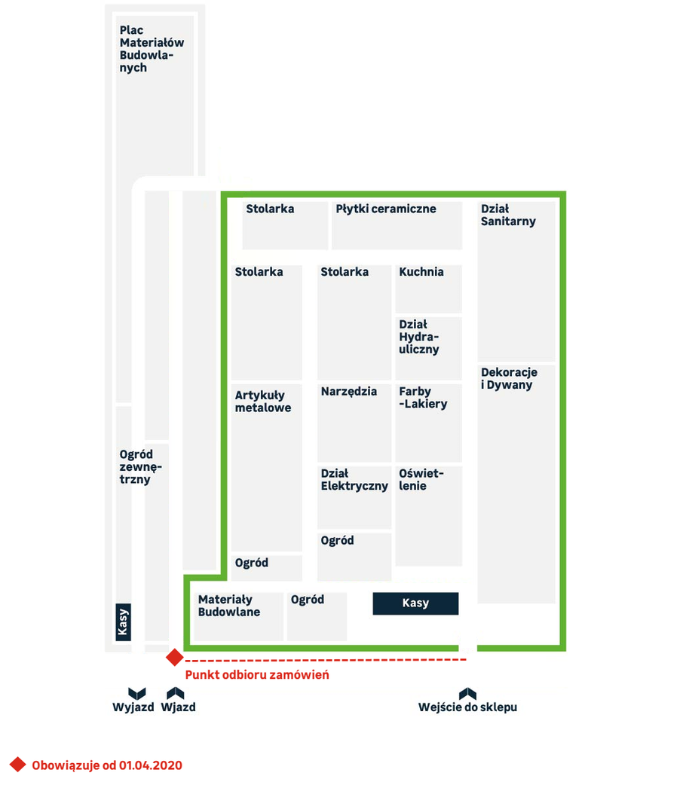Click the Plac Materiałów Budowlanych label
[x=152, y=49]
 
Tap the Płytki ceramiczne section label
[x=386, y=209]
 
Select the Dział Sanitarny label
[x=508, y=215]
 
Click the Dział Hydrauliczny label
[x=419, y=337]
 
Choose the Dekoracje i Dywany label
[x=509, y=378]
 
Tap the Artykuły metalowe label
[x=263, y=402]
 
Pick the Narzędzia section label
[x=349, y=392]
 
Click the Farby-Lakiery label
[x=423, y=398]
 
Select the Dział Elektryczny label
[x=354, y=479]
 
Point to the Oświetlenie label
[x=421, y=479]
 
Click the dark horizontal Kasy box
[x=415, y=603]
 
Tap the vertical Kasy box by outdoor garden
[x=123, y=622]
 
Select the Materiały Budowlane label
[x=229, y=606]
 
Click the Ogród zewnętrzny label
[x=140, y=467]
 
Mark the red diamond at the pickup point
[x=175, y=658]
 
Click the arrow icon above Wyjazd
[x=136, y=694]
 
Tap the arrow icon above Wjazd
[x=176, y=694]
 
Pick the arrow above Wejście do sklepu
[x=467, y=694]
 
